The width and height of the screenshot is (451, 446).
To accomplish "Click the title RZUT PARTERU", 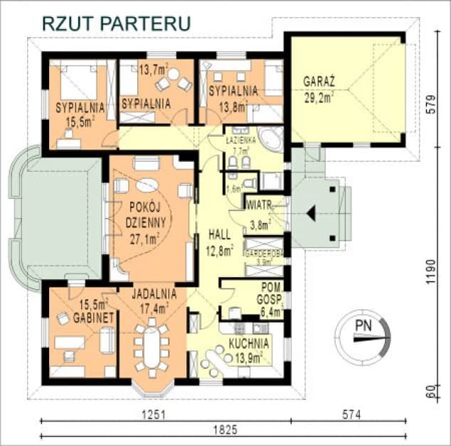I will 117,22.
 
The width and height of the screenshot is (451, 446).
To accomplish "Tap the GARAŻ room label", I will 319,81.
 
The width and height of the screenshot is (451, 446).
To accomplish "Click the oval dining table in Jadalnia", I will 151,346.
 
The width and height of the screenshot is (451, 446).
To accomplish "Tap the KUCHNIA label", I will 248,343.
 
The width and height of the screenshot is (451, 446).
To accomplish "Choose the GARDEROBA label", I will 265,254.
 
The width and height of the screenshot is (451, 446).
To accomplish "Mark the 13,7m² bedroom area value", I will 153,70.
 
